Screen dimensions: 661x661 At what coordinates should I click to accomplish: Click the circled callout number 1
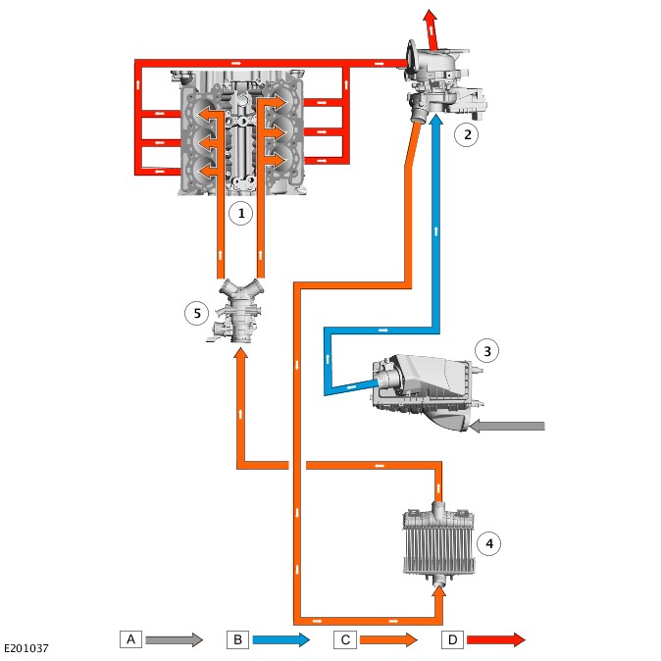240,213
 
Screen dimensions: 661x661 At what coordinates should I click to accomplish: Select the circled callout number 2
466,135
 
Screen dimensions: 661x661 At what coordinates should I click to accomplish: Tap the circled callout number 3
486,351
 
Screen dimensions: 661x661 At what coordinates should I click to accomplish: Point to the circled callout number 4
489,543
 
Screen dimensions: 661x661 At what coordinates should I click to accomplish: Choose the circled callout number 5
197,313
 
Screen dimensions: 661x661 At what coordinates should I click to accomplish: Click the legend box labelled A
130,639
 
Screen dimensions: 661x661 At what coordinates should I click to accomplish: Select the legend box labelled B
237,639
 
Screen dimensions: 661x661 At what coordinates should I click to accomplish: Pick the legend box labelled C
345,640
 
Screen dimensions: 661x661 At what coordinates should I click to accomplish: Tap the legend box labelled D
452,640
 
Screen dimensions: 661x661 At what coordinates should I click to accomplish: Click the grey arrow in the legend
175,640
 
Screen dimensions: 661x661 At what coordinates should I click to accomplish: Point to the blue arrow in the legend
281,640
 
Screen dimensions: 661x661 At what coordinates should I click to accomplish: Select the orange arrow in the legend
388,640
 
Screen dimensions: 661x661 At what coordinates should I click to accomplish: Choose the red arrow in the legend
496,640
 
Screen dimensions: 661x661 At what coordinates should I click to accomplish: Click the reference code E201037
26,648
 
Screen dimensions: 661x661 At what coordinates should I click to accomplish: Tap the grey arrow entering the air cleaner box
507,427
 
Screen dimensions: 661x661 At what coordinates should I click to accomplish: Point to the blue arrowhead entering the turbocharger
436,120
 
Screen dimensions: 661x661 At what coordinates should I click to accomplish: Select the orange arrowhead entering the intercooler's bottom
439,592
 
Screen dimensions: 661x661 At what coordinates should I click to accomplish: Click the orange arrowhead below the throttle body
240,353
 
